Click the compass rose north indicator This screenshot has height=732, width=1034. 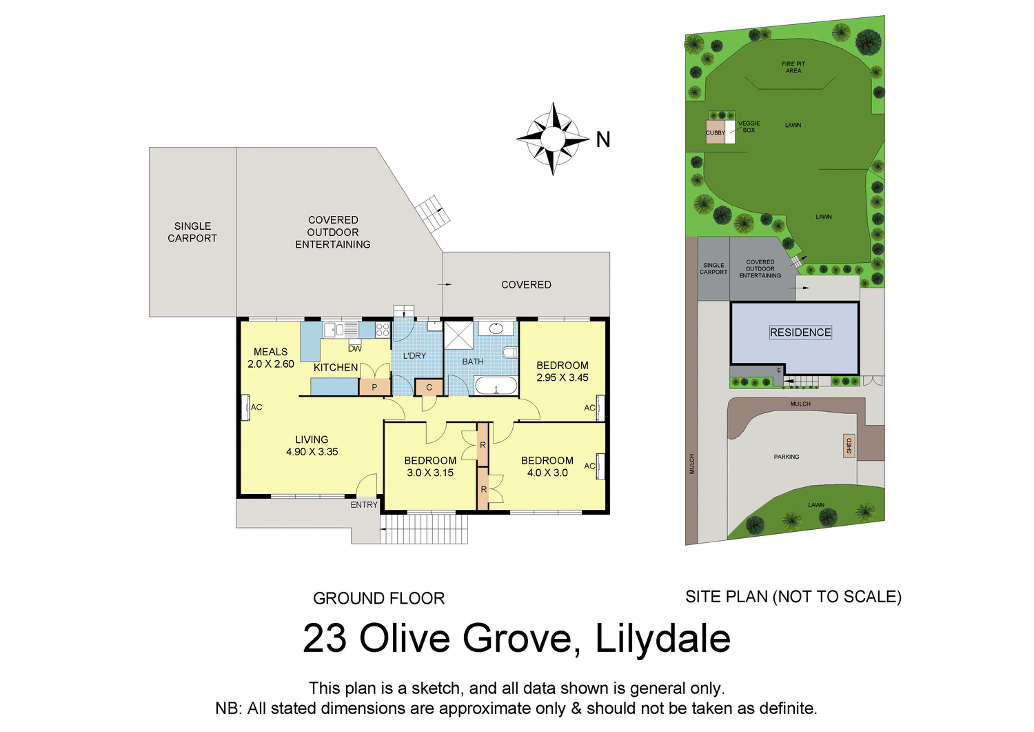coord(554,139)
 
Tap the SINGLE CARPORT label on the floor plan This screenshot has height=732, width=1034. coord(192,232)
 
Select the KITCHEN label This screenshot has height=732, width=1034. coord(336,368)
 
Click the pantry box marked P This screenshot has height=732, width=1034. coord(374,387)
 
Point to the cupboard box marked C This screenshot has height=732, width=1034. coord(429,387)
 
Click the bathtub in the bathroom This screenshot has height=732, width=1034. coord(496,386)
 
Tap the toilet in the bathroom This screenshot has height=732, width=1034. coord(510,353)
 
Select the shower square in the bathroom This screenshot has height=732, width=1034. coord(458,335)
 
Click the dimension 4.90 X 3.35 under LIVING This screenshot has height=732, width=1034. coord(312,452)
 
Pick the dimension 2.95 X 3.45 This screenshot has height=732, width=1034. coord(562,377)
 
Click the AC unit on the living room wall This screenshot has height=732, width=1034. coord(245,407)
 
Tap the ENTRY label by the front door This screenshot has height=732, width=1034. coord(364,504)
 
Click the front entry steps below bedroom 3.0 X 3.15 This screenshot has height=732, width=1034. coord(424,528)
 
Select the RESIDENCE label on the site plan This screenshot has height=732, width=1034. coord(800,333)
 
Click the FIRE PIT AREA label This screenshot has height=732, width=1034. coord(793,67)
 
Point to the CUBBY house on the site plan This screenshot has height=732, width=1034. coord(716,132)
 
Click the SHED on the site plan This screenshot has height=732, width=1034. coord(849,446)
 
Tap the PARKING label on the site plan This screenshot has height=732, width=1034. coord(787,457)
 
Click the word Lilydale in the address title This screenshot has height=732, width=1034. coord(662,638)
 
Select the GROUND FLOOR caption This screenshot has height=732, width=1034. coord(378,598)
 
